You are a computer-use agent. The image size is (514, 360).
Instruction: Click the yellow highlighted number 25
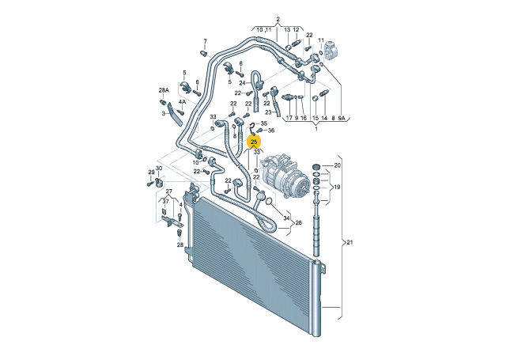click(254, 142)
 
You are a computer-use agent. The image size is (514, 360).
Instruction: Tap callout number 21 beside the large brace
click(350, 242)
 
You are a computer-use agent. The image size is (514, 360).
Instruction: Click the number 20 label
click(338, 165)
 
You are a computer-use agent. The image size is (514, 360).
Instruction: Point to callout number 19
click(337, 188)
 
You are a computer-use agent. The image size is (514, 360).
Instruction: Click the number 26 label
click(298, 223)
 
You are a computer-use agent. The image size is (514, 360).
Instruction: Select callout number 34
click(287, 218)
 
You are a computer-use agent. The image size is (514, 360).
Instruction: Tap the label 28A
click(164, 90)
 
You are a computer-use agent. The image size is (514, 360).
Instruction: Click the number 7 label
click(206, 41)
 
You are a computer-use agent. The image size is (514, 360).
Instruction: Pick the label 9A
click(342, 118)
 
